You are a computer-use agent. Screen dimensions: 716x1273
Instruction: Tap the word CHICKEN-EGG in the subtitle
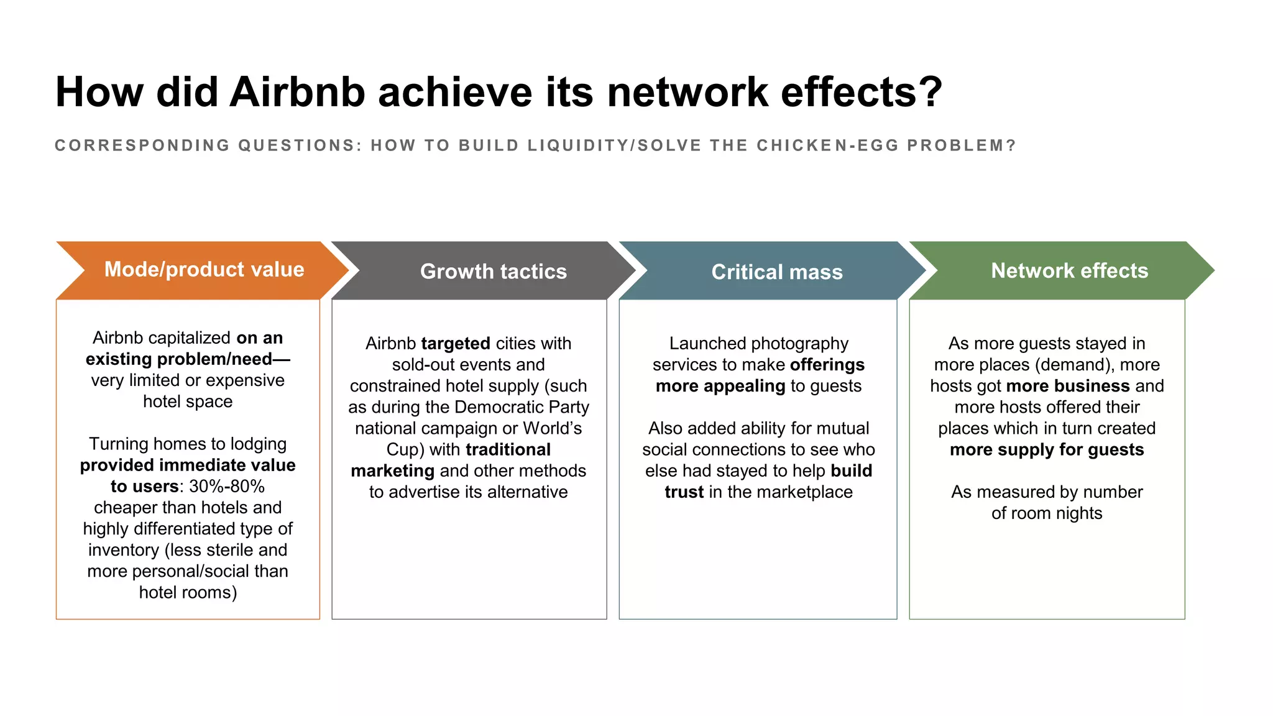[827, 145]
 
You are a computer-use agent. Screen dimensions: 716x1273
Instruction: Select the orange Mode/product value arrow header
[204, 270]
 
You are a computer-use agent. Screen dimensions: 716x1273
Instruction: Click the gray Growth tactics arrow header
[493, 272]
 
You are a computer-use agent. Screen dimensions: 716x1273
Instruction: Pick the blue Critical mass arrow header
[776, 272]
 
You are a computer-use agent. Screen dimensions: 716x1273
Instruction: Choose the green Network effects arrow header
[1069, 271]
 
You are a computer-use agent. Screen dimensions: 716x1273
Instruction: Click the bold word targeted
[456, 344]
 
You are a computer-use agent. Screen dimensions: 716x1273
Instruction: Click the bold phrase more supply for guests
[1047, 450]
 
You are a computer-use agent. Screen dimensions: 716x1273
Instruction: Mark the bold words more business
[1067, 386]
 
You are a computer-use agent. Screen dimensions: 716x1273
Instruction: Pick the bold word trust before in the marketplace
[684, 492]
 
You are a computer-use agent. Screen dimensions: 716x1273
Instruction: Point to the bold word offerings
[827, 365]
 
